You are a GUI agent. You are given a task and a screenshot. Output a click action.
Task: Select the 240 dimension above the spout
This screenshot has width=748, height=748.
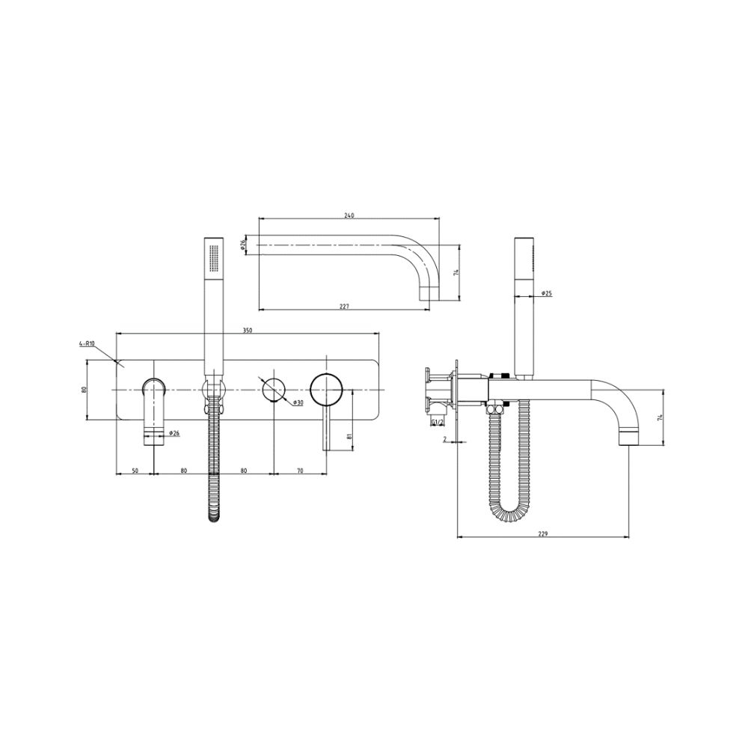[x=349, y=215]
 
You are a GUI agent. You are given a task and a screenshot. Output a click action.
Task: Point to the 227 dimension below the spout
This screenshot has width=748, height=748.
[x=344, y=305]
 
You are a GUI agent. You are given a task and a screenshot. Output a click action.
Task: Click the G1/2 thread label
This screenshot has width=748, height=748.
[x=438, y=423]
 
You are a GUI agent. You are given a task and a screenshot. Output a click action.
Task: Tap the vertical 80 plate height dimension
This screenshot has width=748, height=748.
[x=85, y=389]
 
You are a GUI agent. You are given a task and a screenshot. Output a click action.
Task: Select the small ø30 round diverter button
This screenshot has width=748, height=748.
[x=273, y=390]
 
